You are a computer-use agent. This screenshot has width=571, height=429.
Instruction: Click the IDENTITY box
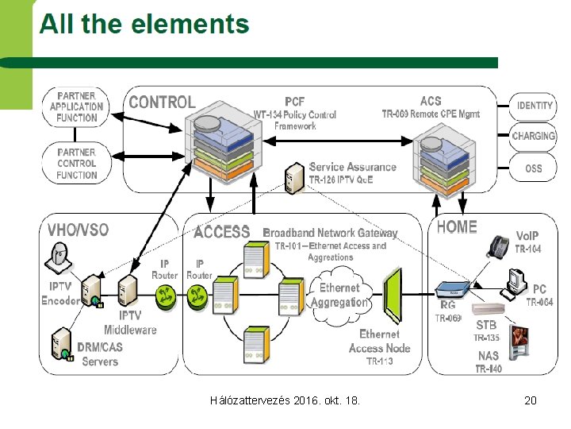(x=534, y=105)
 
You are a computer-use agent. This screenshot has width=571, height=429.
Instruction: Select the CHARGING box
(x=534, y=137)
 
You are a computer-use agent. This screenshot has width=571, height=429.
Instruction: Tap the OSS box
(x=534, y=168)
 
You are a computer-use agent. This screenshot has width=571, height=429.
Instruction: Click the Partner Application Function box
(x=77, y=106)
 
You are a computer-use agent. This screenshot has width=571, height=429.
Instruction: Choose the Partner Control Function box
(x=77, y=163)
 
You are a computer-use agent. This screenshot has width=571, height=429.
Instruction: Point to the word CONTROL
(x=162, y=102)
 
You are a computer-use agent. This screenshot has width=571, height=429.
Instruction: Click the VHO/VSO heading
(x=78, y=230)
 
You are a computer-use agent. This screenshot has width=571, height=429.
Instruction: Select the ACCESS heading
(x=221, y=232)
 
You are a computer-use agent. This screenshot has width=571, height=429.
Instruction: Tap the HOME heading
(x=457, y=227)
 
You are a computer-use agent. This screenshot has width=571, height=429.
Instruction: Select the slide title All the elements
(x=144, y=25)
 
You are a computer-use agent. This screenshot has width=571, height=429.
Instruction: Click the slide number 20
(x=531, y=400)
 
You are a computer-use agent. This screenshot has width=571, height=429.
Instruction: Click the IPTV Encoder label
(x=60, y=294)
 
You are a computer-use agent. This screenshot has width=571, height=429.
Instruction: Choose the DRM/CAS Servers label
(x=101, y=354)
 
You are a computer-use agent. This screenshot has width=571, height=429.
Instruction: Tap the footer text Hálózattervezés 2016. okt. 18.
(x=285, y=400)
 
